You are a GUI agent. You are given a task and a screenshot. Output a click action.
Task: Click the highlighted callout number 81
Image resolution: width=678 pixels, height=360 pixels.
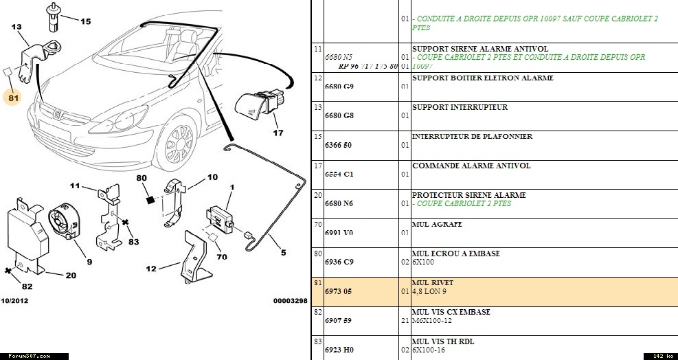tap(14, 97)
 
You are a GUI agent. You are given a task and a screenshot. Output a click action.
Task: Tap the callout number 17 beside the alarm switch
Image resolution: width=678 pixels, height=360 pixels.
tap(278, 133)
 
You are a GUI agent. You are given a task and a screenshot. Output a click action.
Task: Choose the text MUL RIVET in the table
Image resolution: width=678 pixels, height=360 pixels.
tap(432, 282)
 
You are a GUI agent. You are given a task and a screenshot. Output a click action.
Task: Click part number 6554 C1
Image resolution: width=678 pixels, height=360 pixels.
tap(339, 175)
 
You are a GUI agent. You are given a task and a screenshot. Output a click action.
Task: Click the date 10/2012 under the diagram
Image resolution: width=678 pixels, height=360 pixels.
tap(14, 301)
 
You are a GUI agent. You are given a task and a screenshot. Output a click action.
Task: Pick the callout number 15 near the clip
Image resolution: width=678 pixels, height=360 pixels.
tap(85, 22)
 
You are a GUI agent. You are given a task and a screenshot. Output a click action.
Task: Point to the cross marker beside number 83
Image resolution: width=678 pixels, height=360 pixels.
tap(126, 223)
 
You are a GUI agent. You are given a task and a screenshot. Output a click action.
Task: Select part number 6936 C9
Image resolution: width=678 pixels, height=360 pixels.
tap(339, 262)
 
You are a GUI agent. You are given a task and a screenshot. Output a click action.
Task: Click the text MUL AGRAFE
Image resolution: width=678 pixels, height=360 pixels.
tap(437, 224)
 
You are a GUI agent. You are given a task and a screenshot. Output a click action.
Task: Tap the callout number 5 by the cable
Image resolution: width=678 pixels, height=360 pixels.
tap(284, 252)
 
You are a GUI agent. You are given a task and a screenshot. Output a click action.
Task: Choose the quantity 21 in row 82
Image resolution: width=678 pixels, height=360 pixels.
tap(405, 321)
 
